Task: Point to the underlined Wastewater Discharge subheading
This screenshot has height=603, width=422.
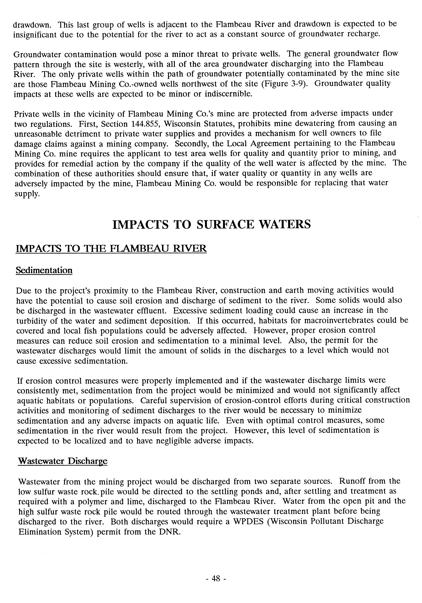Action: tap(63, 461)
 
